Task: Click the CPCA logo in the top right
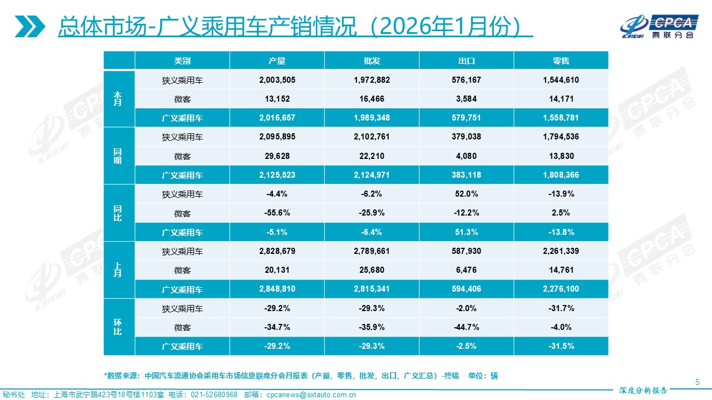click(660, 26)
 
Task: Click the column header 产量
click(277, 61)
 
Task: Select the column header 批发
click(372, 61)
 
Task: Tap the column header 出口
click(466, 61)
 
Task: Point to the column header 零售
click(561, 61)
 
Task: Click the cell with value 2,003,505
click(277, 80)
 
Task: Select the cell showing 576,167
click(466, 80)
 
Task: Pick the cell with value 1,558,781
click(561, 118)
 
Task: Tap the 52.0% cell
click(466, 194)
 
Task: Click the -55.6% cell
click(277, 213)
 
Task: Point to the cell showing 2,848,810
click(277, 289)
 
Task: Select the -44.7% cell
click(466, 327)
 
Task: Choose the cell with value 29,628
click(277, 156)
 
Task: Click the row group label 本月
click(118, 99)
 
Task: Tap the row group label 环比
click(118, 327)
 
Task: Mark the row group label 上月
click(118, 270)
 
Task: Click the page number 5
click(698, 381)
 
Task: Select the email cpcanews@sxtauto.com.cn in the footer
click(311, 395)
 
